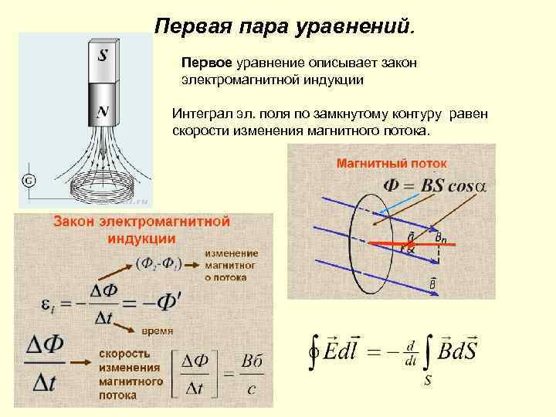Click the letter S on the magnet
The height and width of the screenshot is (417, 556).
(103, 56)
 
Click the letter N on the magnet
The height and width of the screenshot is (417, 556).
(102, 113)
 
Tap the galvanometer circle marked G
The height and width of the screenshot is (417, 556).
(27, 181)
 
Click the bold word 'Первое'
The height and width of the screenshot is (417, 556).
(205, 61)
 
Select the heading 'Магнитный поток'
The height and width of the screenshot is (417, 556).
(391, 163)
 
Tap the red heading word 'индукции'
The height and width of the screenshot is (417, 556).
(141, 236)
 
